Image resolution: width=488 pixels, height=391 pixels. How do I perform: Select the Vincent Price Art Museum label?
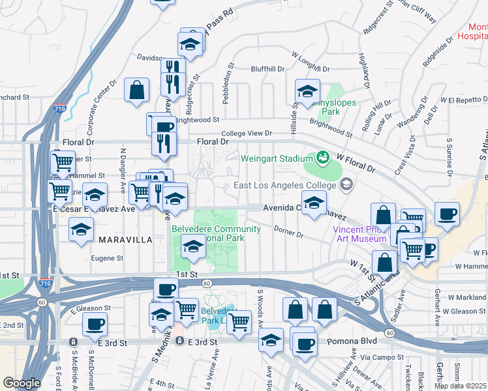pos(359,234)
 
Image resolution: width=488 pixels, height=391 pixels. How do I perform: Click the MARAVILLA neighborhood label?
pos(125,240)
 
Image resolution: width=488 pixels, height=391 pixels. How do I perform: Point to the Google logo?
pos(21,383)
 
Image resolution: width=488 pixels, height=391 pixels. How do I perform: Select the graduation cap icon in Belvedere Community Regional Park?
pos(193,247)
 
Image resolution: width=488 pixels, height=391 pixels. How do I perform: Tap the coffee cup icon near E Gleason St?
pos(95,323)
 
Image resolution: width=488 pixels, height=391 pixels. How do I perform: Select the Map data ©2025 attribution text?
pos(461,385)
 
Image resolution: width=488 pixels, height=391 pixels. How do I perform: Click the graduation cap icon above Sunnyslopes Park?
pos(307,91)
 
